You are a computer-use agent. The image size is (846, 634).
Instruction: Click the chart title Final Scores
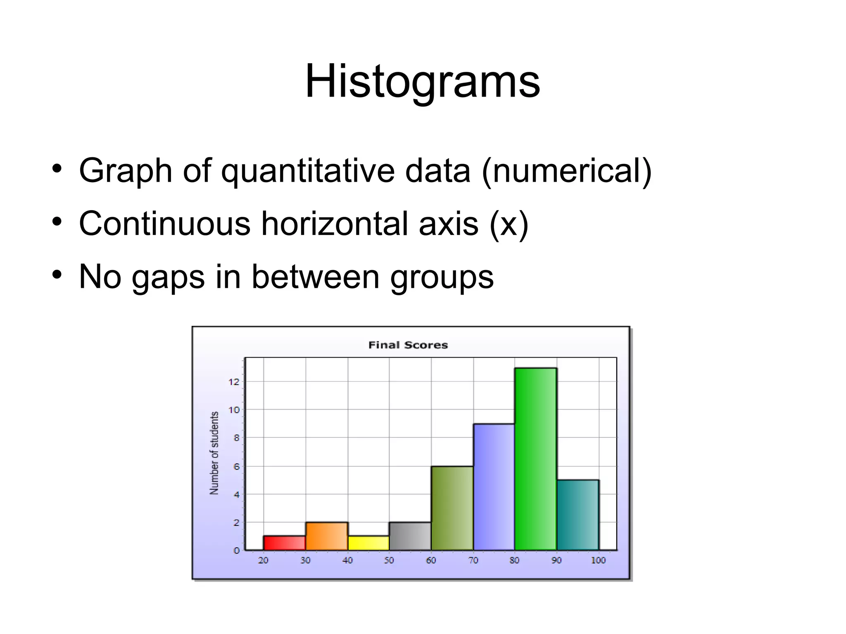[x=408, y=345]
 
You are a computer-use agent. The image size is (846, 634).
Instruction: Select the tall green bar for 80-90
[x=535, y=458]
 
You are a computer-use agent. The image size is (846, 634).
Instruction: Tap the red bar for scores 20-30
[x=284, y=543]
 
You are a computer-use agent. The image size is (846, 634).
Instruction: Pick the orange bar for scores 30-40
[x=326, y=536]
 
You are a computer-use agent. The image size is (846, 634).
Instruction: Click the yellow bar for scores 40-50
[x=368, y=543]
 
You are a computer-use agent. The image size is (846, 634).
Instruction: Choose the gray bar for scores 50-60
[x=410, y=536]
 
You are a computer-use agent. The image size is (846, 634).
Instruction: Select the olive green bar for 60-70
[x=452, y=508]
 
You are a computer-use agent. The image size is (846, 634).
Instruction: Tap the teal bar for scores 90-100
[x=577, y=515]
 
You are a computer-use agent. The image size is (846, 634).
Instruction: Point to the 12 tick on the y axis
[x=234, y=382]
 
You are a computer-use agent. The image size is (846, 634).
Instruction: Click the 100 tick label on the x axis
[x=598, y=560]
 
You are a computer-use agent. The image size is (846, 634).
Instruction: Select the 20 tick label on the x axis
[x=263, y=560]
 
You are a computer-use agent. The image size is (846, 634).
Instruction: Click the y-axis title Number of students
[x=214, y=453]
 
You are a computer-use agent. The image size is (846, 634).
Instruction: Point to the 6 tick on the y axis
[x=236, y=467]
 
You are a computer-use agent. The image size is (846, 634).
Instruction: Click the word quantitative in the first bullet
[x=308, y=171]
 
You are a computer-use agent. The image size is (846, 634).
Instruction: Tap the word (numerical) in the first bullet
[x=567, y=171]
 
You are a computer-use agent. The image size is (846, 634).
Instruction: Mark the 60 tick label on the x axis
[x=431, y=560]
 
